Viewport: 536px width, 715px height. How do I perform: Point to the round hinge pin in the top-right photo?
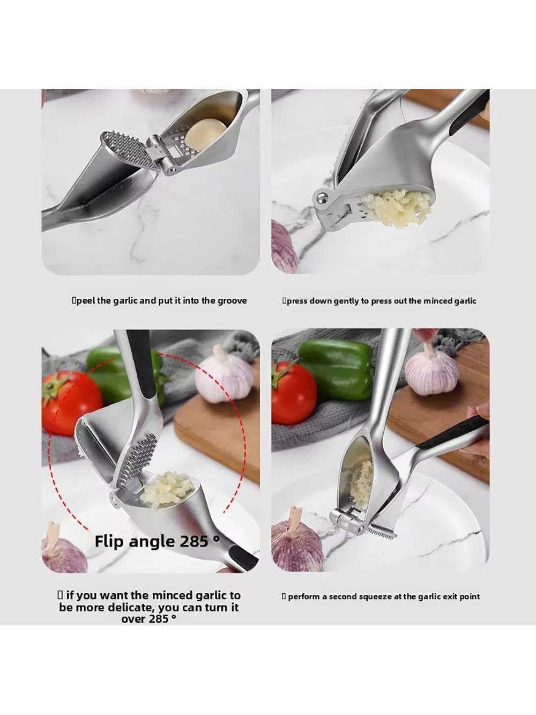(x=322, y=198)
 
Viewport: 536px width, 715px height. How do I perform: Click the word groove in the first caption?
(x=232, y=300)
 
